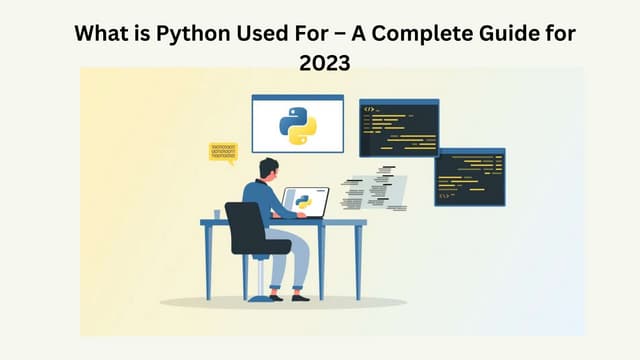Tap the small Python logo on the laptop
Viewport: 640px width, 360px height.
(304, 201)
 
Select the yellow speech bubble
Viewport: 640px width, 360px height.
(222, 152)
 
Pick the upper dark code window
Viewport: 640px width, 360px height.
(399, 128)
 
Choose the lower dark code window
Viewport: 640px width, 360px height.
(470, 177)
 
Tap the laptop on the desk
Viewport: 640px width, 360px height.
(305, 203)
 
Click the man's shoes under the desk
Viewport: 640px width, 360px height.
(284, 297)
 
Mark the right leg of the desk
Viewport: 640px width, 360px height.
(357, 262)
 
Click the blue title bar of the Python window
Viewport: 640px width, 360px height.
(297, 98)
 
